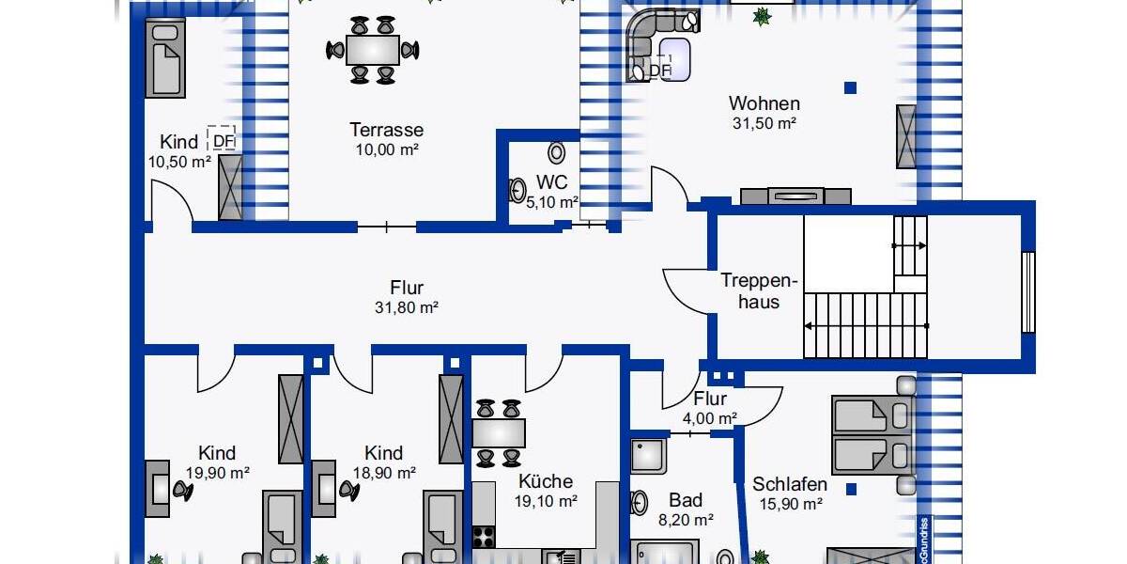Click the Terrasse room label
386,130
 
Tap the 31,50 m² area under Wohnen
764,123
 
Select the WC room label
552,181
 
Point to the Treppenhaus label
759,290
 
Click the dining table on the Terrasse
372,50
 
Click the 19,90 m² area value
217,473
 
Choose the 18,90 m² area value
384,473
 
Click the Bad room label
686,500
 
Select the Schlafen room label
790,484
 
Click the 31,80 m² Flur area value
407,307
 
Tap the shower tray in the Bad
648,455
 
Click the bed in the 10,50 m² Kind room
165,59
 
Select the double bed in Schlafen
872,433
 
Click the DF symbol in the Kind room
222,140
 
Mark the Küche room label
545,481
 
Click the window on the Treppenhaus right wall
1027,291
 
